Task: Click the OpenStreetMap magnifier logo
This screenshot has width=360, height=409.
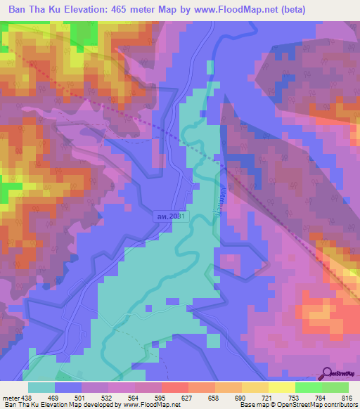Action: (328, 375)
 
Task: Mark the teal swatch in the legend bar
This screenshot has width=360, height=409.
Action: (41, 387)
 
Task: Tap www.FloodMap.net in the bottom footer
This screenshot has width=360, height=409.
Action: (146, 405)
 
